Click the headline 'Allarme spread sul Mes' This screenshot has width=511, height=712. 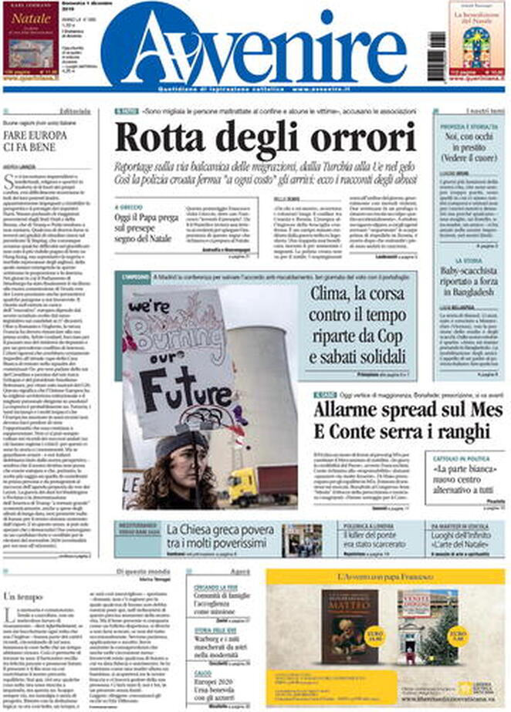[x=370, y=418]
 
